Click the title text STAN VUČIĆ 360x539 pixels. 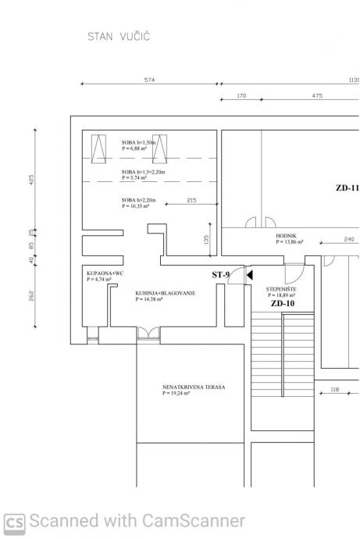pyautogui.click(x=119, y=36)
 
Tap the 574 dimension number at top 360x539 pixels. pyautogui.click(x=149, y=80)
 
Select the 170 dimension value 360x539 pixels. pyautogui.click(x=241, y=95)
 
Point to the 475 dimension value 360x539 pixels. pyautogui.click(x=317, y=95)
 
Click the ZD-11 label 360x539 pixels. pyautogui.click(x=348, y=187)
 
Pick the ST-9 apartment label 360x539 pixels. pyautogui.click(x=220, y=275)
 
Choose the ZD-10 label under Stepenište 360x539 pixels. pyautogui.click(x=283, y=303)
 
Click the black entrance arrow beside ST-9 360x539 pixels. pyautogui.click(x=250, y=275)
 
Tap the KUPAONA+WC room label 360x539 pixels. pyautogui.click(x=105, y=273)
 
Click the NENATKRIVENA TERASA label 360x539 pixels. pyautogui.click(x=194, y=387)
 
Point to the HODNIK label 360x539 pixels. pyautogui.click(x=286, y=236)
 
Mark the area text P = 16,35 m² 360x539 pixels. pyautogui.click(x=136, y=206)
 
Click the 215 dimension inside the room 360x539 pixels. pyautogui.click(x=191, y=200)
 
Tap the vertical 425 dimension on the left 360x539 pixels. pyautogui.click(x=31, y=180)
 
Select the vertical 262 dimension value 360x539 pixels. pyautogui.click(x=31, y=295)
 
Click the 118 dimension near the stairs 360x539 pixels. pyautogui.click(x=334, y=389)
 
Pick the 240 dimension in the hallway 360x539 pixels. pyautogui.click(x=349, y=239)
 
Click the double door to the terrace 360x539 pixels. pyautogui.click(x=148, y=333)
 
